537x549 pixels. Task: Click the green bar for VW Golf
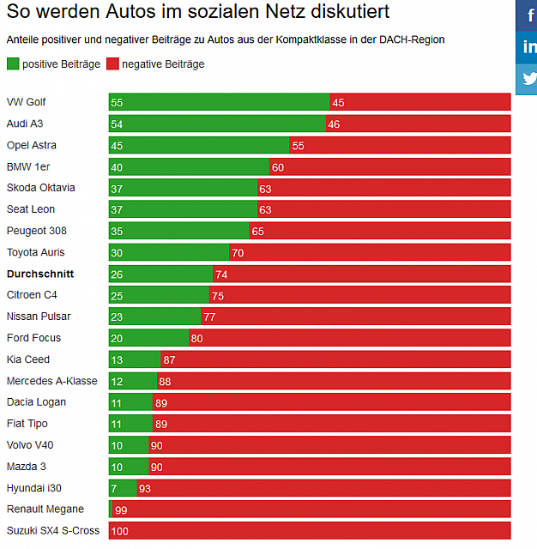[219, 102]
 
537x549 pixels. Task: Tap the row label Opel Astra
[32, 145]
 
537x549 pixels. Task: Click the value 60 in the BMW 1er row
[277, 167]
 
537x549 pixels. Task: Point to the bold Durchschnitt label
[40, 274]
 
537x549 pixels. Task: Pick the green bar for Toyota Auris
[169, 252]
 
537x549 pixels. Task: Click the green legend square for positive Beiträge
[13, 63]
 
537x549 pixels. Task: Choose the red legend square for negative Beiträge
[112, 63]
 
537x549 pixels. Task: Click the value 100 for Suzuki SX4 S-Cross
[120, 531]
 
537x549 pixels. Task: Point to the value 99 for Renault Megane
[120, 510]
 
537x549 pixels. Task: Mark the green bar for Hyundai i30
[123, 488]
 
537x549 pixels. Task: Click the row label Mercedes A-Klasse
[52, 381]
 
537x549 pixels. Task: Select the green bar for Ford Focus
[148, 338]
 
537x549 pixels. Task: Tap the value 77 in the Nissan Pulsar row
[208, 317]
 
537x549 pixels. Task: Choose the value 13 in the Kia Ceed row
[117, 359]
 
